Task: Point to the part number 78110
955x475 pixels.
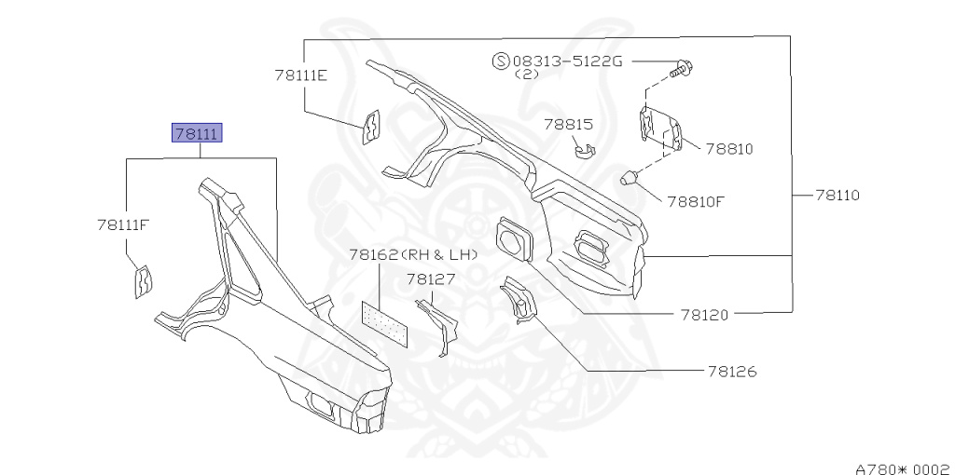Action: pos(837,196)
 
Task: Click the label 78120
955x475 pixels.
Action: pos(704,315)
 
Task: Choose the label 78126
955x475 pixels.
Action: pos(731,372)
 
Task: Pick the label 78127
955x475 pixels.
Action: pos(430,278)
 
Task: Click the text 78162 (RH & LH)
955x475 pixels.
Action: pos(413,254)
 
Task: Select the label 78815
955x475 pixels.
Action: pos(569,124)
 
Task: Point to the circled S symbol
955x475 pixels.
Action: pos(500,61)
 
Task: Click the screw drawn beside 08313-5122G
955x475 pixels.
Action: pos(682,67)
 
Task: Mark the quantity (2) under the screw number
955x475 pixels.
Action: pos(526,75)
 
